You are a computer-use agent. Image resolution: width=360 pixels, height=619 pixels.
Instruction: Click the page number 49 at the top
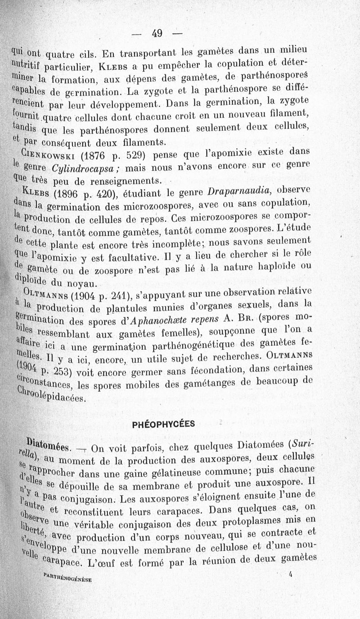click(157, 33)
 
